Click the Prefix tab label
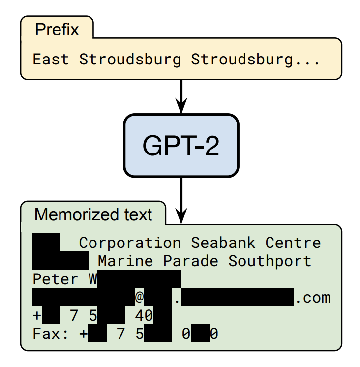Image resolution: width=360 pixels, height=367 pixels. click(x=57, y=30)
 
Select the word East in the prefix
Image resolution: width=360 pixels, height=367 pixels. click(x=51, y=60)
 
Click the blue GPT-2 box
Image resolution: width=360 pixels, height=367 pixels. click(x=180, y=145)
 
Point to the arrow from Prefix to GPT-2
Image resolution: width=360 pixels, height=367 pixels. click(x=181, y=96)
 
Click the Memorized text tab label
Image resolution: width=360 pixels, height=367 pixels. click(x=93, y=215)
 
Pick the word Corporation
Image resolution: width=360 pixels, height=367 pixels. click(x=130, y=243)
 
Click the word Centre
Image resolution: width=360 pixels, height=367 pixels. click(x=293, y=243)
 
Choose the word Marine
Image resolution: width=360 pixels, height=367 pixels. click(x=125, y=261)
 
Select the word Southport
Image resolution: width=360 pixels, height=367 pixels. click(x=270, y=261)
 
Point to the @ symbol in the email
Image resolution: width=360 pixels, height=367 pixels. click(x=140, y=298)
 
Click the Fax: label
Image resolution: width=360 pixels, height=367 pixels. click(x=51, y=335)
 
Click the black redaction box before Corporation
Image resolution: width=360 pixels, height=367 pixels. click(x=46, y=243)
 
